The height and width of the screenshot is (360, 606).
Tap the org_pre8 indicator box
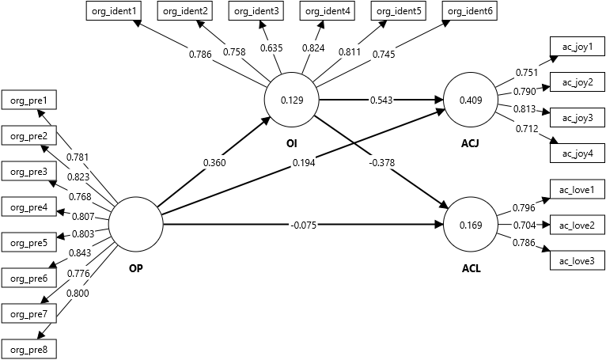(x=28, y=348)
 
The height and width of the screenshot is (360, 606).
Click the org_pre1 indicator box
(x=28, y=100)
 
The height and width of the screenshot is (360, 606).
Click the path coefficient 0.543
(x=382, y=100)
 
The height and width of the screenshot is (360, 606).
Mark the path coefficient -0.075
(x=305, y=225)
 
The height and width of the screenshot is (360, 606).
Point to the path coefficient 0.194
(x=301, y=162)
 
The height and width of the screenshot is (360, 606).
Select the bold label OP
(x=135, y=268)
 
